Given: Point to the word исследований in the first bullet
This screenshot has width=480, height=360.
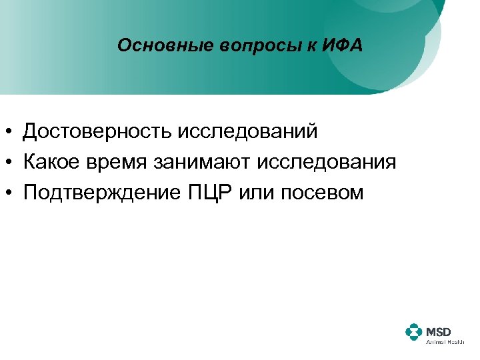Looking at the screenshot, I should (x=247, y=131).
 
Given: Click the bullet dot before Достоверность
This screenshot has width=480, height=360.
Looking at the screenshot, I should (x=11, y=132).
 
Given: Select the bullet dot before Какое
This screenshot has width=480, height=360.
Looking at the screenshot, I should (x=11, y=163).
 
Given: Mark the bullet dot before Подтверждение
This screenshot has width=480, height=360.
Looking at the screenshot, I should (x=11, y=193).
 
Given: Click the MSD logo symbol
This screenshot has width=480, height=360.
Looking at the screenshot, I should (x=414, y=332).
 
